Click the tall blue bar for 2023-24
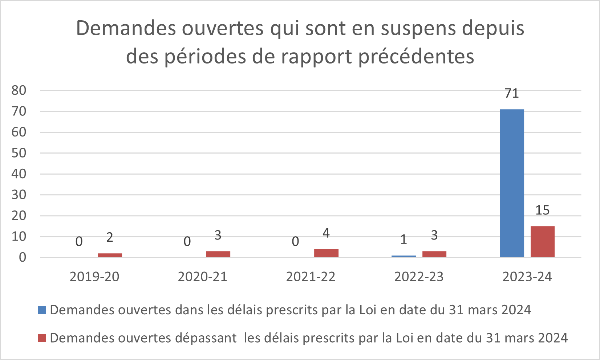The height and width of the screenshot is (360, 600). click(x=512, y=183)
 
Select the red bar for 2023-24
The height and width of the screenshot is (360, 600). click(x=543, y=242)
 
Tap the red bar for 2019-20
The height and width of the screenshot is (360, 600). click(x=110, y=255)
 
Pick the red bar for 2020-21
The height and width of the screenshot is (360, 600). click(x=218, y=254)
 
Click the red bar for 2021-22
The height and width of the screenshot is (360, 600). click(x=326, y=253)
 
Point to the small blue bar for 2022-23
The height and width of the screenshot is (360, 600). click(x=404, y=256)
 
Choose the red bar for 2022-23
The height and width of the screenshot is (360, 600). click(x=434, y=254)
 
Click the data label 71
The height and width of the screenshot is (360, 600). click(x=512, y=94)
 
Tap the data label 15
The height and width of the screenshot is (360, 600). click(x=543, y=210)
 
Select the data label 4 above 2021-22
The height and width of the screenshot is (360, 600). click(x=326, y=233)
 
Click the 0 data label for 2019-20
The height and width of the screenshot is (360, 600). click(x=79, y=241)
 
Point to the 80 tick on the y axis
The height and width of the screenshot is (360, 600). click(x=19, y=90)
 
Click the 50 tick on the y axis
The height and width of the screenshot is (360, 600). click(x=19, y=153)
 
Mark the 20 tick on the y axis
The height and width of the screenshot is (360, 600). click(x=19, y=216)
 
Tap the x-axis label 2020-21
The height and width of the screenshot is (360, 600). click(x=202, y=277)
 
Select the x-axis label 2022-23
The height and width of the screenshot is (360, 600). click(x=419, y=277)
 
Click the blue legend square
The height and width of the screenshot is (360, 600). click(x=42, y=310)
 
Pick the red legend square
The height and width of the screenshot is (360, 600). click(x=42, y=338)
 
